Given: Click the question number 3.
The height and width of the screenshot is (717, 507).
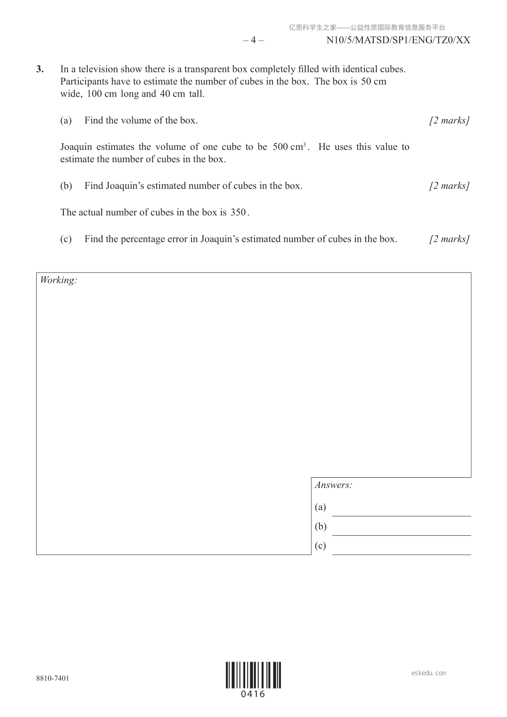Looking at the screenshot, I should point(40,69).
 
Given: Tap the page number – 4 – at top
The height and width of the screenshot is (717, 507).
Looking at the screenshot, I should point(253,40).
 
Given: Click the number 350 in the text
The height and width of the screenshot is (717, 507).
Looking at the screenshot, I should point(238,212).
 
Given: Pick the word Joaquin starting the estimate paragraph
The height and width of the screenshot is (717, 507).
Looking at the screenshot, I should point(76,147).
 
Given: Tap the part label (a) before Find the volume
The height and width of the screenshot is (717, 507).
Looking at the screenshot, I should point(66,120).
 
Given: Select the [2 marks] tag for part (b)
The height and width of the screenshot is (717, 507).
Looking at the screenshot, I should point(449,186).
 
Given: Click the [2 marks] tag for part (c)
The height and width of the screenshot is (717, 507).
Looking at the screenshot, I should point(449,239).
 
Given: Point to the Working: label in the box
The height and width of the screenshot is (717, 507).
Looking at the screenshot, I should point(58,280).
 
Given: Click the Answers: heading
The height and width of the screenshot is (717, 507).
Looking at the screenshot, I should point(333,485).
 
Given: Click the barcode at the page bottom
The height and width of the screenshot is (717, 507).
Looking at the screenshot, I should point(253,675).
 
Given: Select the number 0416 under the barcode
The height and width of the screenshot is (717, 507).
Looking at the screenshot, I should point(253,694).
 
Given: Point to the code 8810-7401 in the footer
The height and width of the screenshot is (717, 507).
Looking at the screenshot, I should point(53,678).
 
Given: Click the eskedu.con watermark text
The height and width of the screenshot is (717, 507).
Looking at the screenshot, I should point(429,673).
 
